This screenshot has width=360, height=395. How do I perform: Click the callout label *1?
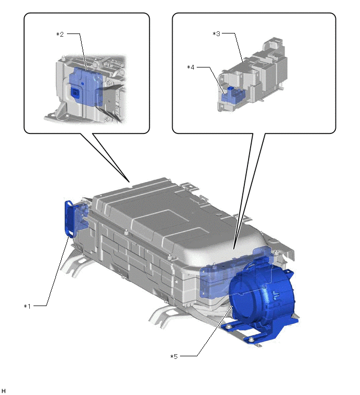tap(27, 307)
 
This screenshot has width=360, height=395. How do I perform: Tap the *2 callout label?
tap(60, 34)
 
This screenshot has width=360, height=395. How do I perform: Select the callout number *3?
tap(217, 34)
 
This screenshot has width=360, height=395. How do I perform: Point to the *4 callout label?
tap(190, 67)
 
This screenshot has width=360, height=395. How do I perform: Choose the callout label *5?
tap(174, 356)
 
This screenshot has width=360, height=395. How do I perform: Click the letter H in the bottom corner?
tap(3, 391)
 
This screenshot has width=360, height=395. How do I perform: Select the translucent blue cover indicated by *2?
tap(86, 85)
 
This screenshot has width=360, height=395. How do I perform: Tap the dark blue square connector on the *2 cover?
tap(75, 92)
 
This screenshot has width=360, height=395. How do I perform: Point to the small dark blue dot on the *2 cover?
tap(82, 83)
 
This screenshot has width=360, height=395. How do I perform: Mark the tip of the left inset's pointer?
tap(129, 182)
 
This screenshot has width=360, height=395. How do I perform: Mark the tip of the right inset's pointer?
tap(233, 250)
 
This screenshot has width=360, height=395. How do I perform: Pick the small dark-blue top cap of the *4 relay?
tap(231, 88)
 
